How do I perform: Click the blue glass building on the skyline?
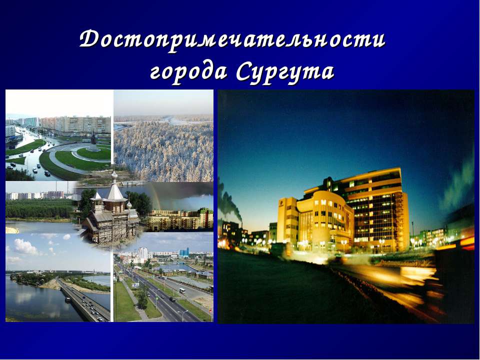[x=184, y=252]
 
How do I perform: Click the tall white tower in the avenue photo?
[x=143, y=253]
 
